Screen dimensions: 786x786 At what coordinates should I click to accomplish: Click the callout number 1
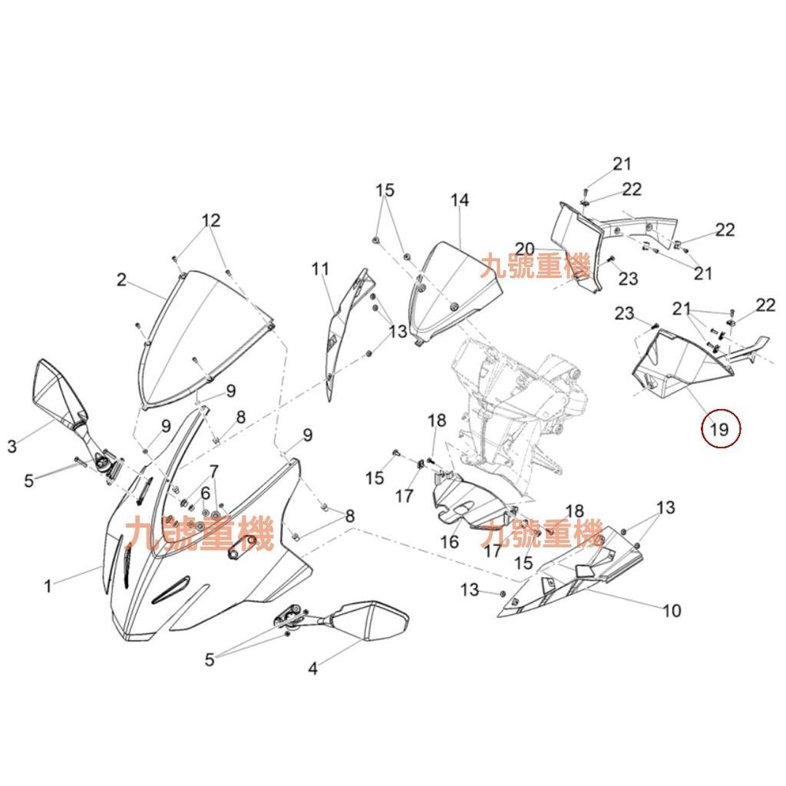pos(48,586)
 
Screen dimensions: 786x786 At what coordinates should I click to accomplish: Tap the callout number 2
pos(121,280)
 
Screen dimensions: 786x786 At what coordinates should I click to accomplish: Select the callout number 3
pos(12,446)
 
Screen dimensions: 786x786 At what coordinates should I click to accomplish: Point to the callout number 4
pos(312,669)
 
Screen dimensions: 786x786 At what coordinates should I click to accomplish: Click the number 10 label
pos(672,611)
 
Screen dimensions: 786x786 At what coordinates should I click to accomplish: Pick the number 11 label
pos(320,269)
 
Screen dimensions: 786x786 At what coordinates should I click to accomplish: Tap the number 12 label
pos(211,220)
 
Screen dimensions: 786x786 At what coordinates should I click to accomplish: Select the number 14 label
pos(459,200)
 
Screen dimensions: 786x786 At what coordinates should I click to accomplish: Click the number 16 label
pos(449,543)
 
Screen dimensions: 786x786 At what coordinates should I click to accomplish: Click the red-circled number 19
pos(720,429)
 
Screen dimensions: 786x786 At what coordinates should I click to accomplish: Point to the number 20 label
pos(525,249)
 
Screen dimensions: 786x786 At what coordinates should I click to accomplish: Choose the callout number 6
pos(205,492)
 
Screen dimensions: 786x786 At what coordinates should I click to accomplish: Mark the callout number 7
pos(213,471)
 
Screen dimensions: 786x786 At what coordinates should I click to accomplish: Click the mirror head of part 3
pos(55,391)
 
